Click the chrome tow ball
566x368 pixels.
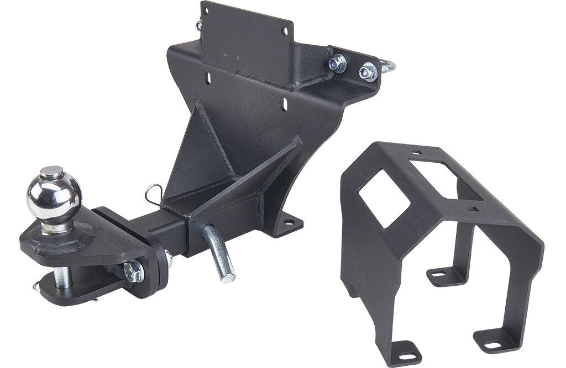pyautogui.click(x=54, y=195)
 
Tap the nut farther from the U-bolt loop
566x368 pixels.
pyautogui.click(x=338, y=64)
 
